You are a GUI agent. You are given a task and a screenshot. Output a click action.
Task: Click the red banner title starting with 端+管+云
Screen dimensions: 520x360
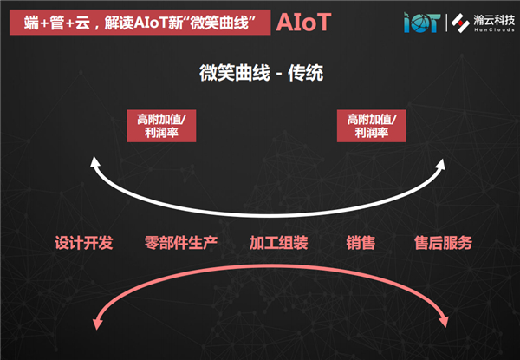click(140, 23)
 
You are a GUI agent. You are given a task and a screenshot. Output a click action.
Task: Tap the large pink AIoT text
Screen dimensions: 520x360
click(303, 23)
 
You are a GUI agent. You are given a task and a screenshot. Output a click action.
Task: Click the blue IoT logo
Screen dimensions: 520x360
click(422, 23)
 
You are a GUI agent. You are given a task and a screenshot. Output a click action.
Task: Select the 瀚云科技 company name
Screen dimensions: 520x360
click(494, 20)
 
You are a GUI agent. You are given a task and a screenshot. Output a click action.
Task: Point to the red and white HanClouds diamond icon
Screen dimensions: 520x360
click(460, 23)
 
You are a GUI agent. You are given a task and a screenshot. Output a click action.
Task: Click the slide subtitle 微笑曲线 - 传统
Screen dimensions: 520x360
click(261, 73)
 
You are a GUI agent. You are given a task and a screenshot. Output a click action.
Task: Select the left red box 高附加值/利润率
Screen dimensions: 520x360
click(161, 126)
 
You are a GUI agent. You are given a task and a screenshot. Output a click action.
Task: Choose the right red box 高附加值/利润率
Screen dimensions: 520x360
click(372, 126)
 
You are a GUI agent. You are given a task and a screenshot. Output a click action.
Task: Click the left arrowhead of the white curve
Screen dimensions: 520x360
click(94, 162)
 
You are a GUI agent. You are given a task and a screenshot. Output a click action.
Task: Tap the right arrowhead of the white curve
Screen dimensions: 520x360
click(440, 164)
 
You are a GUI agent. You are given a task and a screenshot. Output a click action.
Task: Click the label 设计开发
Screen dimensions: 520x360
click(84, 243)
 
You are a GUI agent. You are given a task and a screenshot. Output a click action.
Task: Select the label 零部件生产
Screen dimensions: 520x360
click(181, 243)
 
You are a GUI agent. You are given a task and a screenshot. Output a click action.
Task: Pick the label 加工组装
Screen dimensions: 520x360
click(278, 243)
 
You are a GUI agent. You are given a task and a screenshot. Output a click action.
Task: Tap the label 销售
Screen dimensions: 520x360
click(361, 243)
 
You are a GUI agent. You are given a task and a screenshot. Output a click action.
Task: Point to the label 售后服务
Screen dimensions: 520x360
click(443, 243)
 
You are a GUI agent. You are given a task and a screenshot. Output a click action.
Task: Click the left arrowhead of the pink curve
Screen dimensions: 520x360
click(97, 324)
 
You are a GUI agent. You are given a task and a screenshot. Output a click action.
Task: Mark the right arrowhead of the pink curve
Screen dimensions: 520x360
click(444, 321)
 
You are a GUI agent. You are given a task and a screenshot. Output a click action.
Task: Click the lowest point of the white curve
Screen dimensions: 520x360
click(269, 216)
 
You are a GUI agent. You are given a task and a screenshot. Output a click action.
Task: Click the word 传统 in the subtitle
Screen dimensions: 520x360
click(305, 73)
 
